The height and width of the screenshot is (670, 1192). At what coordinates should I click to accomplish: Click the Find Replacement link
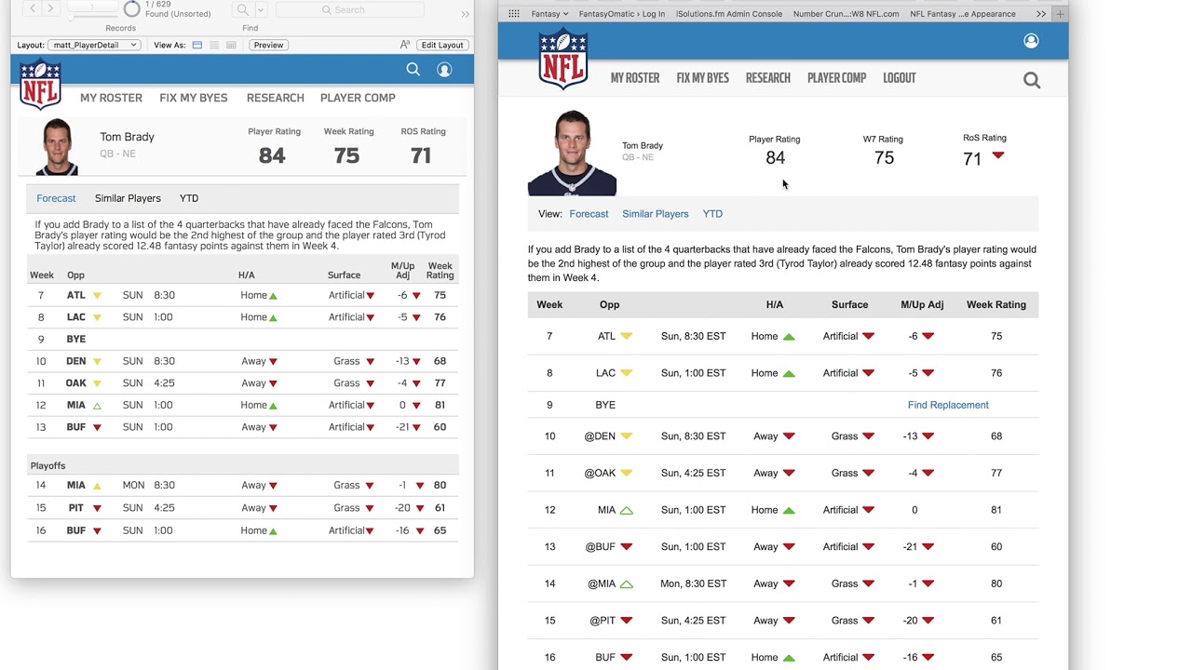click(x=948, y=405)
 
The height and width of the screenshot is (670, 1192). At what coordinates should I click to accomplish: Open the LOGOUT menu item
click(x=900, y=78)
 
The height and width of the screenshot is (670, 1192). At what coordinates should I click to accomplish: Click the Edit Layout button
click(x=442, y=46)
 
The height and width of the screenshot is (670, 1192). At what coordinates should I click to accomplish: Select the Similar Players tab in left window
click(x=128, y=198)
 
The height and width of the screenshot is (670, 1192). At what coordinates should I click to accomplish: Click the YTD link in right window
click(x=712, y=214)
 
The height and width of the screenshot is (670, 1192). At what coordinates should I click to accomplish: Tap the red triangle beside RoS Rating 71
click(x=997, y=155)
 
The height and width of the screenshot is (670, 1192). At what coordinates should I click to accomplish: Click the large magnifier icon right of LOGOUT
click(x=1031, y=80)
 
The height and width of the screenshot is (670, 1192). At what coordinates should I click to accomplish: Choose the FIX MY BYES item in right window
click(x=702, y=78)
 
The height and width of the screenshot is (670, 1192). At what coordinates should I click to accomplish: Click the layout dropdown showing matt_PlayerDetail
click(x=94, y=46)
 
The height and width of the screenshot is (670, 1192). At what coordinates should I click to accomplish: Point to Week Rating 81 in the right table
click(x=996, y=510)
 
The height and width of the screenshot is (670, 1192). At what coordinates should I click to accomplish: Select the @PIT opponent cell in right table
click(x=603, y=621)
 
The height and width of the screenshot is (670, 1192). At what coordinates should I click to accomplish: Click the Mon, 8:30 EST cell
click(x=693, y=583)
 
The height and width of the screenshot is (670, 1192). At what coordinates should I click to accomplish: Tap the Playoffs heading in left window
click(x=47, y=466)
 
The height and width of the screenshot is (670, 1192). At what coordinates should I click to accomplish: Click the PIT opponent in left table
click(x=76, y=508)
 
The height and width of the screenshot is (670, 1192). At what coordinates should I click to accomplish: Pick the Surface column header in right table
click(x=849, y=304)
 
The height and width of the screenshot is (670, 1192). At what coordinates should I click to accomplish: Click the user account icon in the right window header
click(x=1031, y=41)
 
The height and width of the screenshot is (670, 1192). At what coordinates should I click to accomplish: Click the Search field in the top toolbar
click(x=349, y=9)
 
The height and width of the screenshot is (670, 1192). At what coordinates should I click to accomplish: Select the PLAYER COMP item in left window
click(x=358, y=98)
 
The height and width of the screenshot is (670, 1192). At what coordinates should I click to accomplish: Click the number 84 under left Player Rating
click(x=272, y=155)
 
